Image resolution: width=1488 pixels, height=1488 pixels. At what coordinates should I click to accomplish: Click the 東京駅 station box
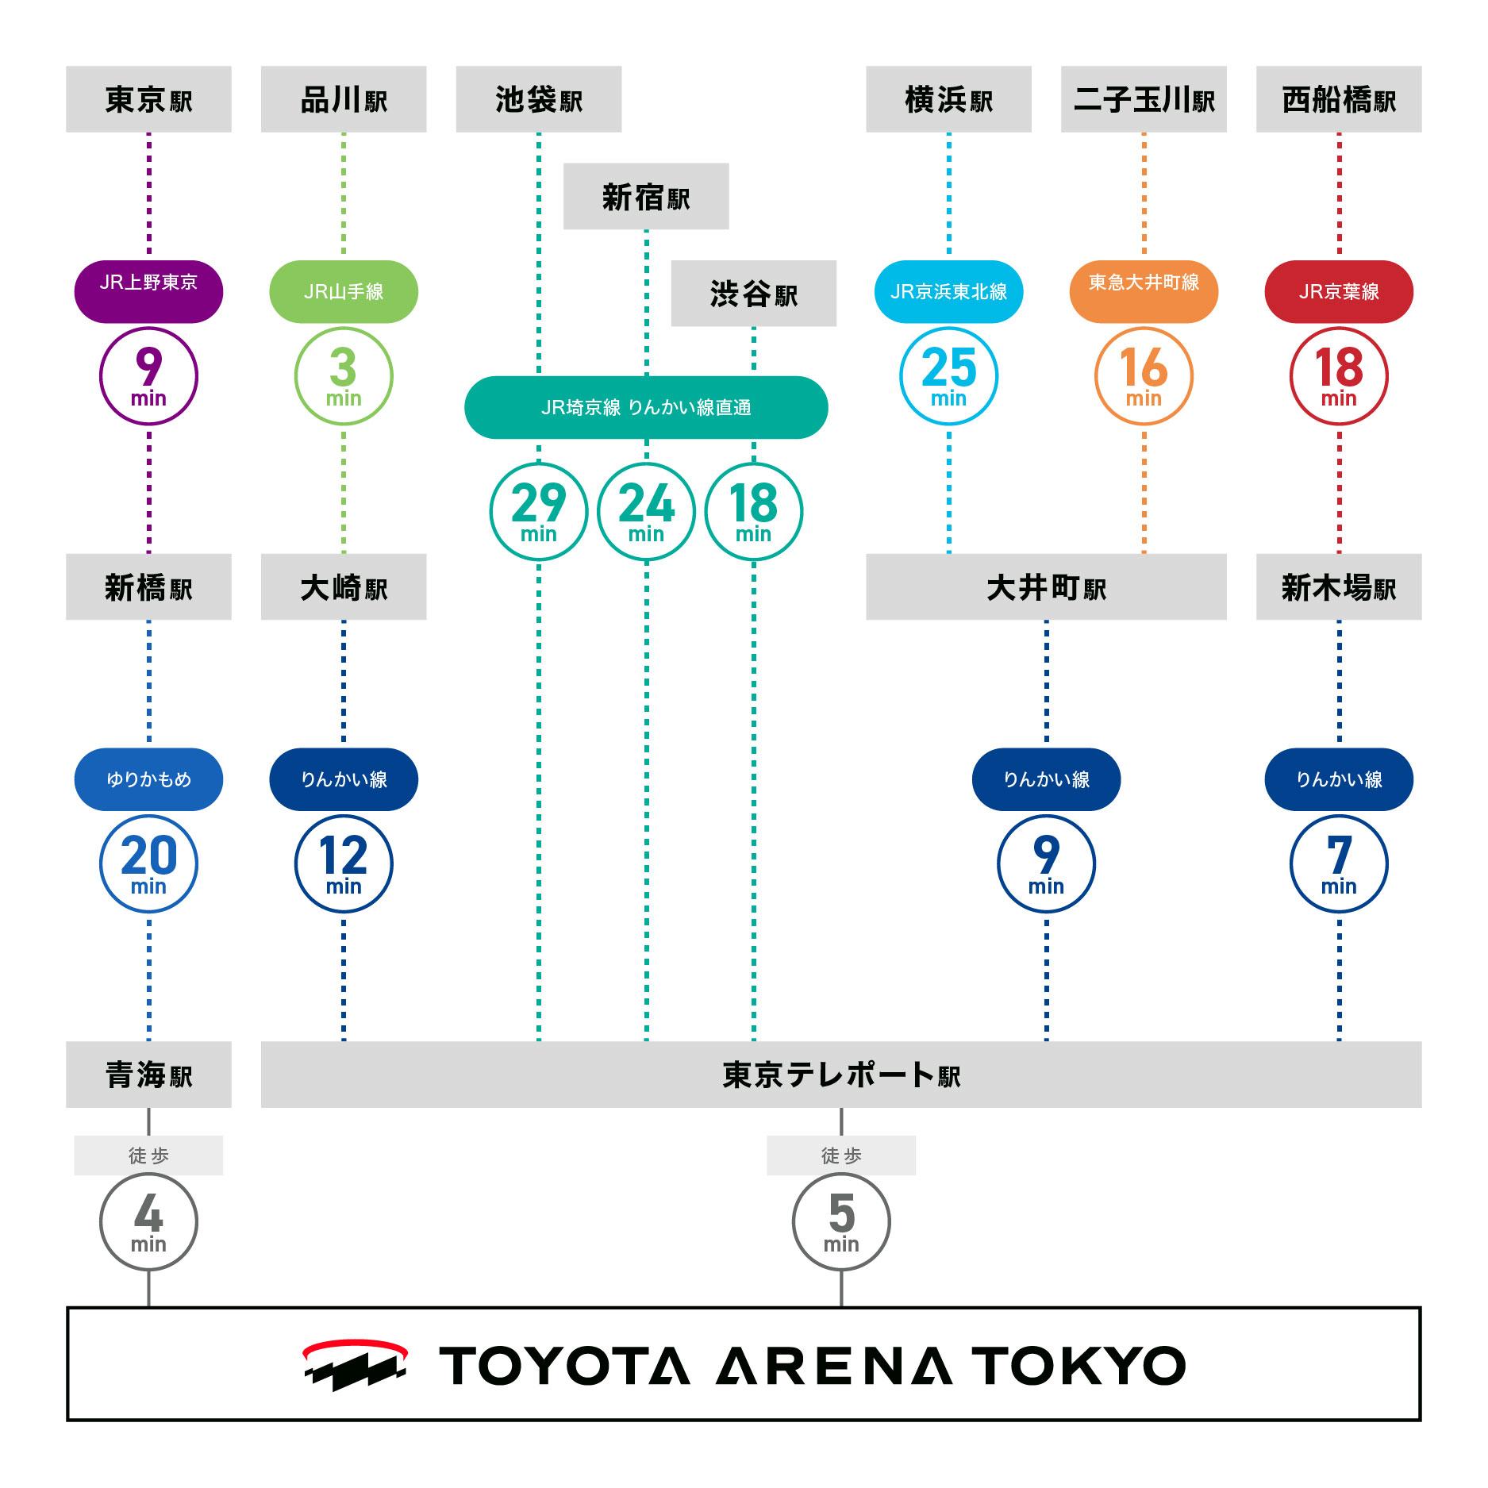[148, 99]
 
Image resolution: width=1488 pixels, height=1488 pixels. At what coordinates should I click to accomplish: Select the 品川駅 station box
[344, 99]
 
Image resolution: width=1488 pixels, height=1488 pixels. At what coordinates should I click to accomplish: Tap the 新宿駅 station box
[646, 196]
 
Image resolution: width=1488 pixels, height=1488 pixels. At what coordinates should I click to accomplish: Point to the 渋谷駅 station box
[754, 294]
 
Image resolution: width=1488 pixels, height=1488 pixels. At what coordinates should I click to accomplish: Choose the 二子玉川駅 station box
[1144, 99]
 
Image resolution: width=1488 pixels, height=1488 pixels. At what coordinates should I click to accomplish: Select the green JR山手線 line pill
[344, 291]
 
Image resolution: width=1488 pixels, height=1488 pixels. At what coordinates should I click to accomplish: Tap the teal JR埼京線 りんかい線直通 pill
[646, 407]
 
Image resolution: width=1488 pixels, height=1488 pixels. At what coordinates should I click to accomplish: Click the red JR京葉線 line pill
[1339, 291]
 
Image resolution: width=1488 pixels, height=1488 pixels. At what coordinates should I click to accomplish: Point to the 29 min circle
[538, 511]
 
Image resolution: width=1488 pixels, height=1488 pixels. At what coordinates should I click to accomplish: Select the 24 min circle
[646, 511]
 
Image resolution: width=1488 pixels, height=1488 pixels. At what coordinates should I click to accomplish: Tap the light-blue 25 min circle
[948, 375]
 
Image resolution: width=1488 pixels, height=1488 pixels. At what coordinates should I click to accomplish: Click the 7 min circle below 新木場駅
[1339, 863]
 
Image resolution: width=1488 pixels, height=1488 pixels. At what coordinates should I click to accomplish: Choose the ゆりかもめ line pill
[148, 779]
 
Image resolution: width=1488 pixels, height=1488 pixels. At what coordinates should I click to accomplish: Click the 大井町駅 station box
[1046, 587]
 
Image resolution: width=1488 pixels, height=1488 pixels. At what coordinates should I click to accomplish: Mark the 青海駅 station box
[148, 1075]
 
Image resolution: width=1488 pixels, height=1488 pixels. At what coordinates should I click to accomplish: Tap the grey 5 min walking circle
[841, 1221]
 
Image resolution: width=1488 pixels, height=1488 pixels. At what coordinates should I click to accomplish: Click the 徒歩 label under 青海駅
[148, 1155]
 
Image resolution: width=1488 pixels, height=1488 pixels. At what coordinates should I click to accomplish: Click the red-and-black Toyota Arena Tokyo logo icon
[355, 1364]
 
